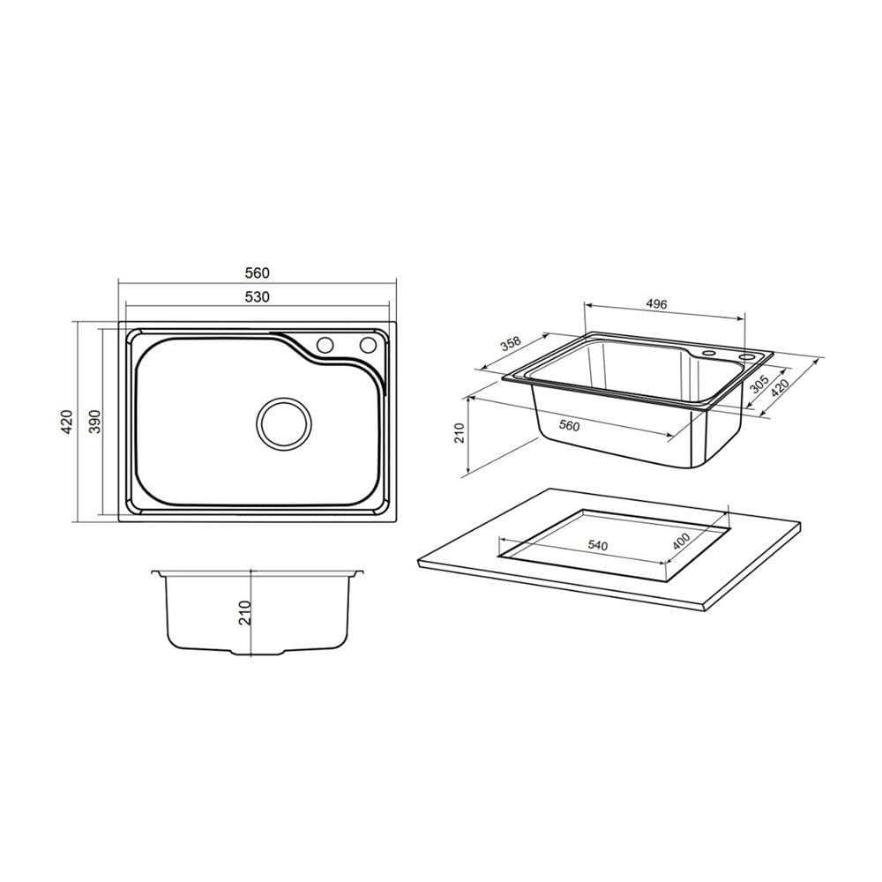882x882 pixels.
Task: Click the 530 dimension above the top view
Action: tap(257, 296)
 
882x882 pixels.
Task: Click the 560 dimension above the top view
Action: tap(257, 273)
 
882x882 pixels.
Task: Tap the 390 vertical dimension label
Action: tap(95, 422)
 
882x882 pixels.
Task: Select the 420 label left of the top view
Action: tap(67, 422)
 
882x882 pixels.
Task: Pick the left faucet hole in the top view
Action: tap(325, 344)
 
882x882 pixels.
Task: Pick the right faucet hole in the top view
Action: tap(368, 344)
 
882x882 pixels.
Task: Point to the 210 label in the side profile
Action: tap(244, 613)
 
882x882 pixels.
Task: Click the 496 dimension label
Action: tap(656, 304)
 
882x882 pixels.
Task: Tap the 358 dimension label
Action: tap(512, 344)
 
